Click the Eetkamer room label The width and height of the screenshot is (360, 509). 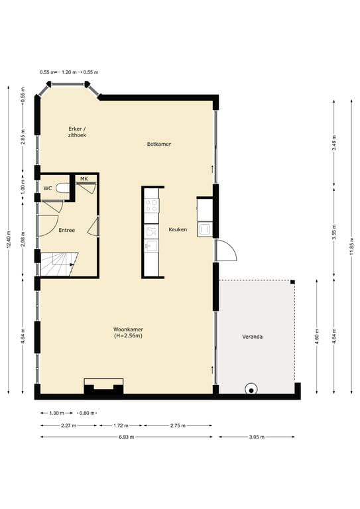pos(159,143)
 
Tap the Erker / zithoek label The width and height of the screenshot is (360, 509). pos(77,131)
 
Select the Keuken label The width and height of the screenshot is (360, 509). pos(178,230)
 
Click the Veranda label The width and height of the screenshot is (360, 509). pos(252,337)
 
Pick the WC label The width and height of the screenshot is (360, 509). pos(48,188)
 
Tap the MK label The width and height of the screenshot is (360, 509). pos(84,179)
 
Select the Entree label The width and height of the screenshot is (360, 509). pos(66,231)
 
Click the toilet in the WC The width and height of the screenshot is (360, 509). pos(62,189)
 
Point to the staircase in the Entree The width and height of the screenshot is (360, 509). pos(59,264)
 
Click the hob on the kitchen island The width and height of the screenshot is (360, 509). pos(152,198)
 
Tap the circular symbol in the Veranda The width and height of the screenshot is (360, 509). pos(251,390)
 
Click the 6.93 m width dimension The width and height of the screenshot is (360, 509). pos(126,437)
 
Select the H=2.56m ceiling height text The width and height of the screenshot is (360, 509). pos(128,336)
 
